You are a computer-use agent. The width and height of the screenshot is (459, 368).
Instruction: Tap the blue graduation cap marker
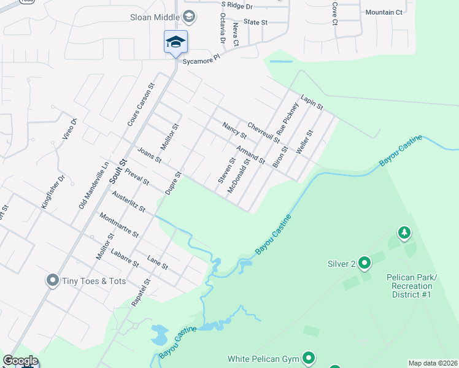pos(175,42)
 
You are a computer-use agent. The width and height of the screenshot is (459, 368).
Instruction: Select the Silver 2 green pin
pos(364,263)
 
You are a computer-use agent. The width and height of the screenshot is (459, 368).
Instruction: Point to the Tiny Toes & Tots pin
pos(53,281)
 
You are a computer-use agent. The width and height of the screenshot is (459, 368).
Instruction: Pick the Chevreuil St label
pos(263,131)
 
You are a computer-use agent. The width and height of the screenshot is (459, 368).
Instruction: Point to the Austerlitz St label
pos(128,201)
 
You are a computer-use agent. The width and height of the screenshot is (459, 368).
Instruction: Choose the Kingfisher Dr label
pos(53,192)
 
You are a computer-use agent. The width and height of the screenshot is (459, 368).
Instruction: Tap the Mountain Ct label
pos(384,12)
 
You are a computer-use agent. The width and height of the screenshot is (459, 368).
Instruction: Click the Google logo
pos(20,361)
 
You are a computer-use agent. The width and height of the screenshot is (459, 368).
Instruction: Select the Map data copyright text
pos(433,363)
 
